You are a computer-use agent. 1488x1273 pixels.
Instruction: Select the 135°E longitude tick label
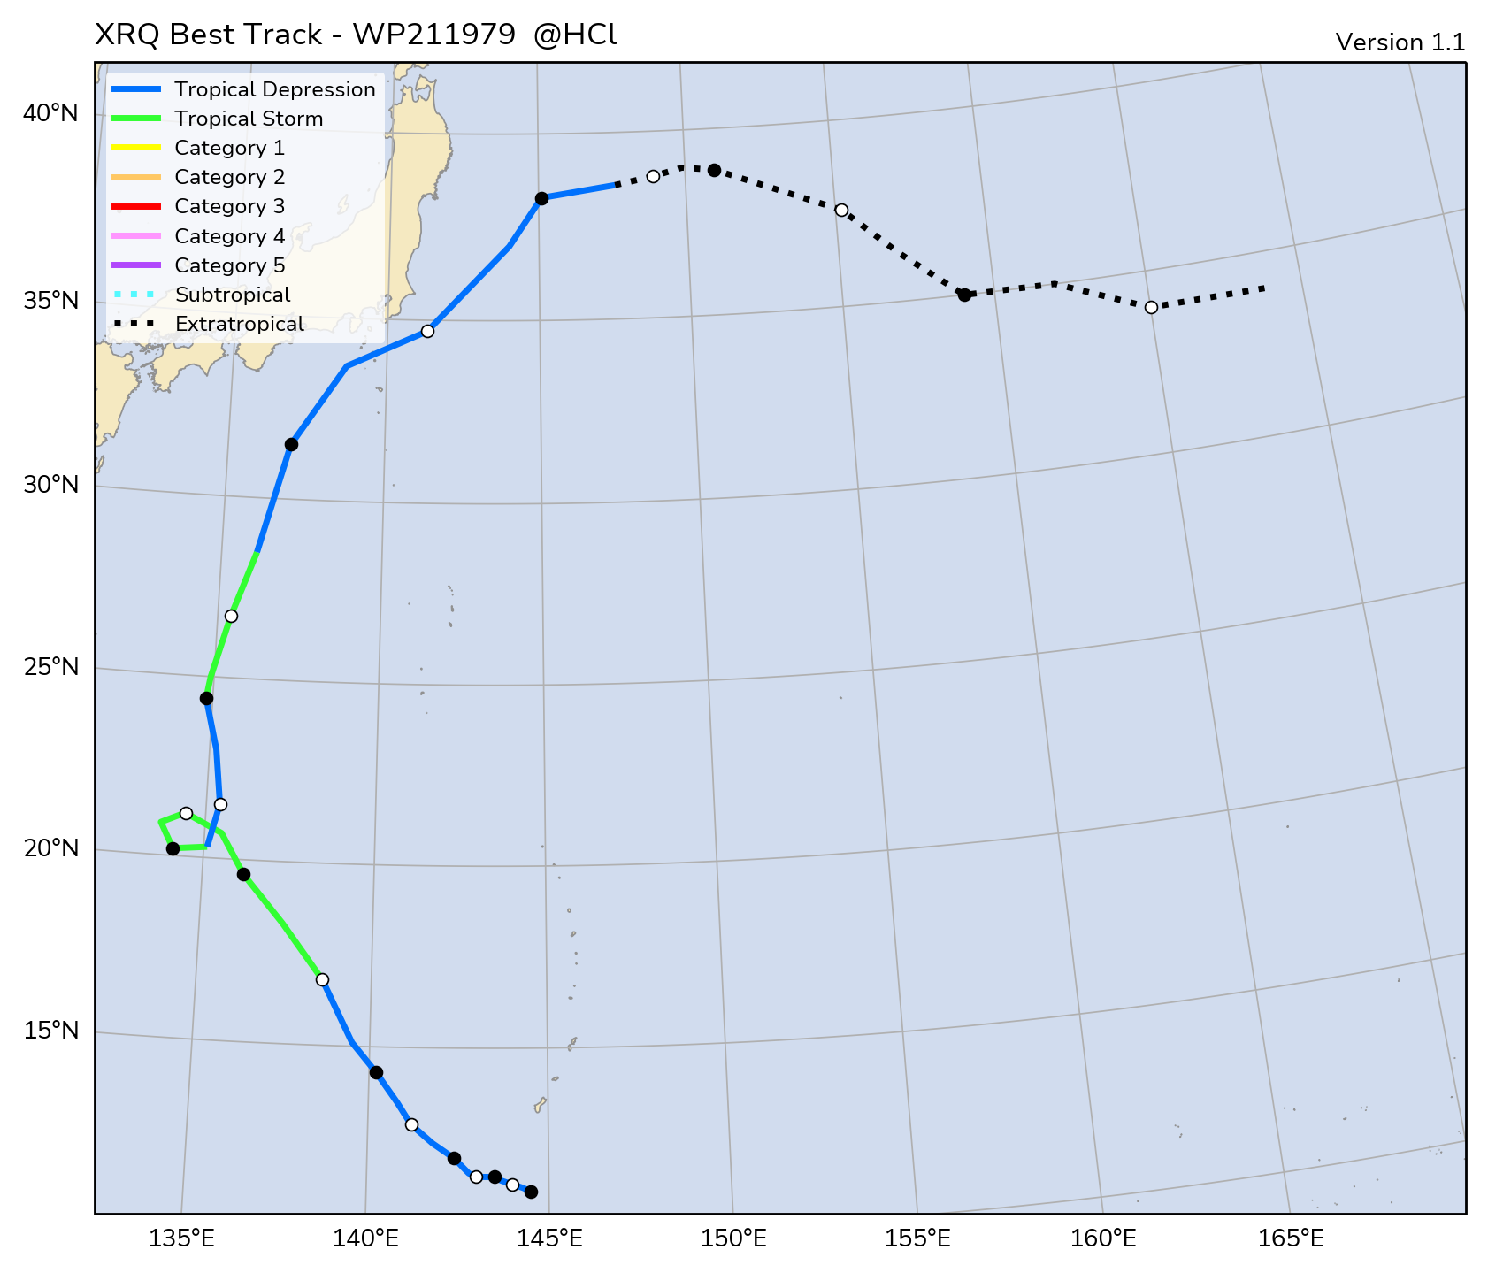[x=183, y=1238]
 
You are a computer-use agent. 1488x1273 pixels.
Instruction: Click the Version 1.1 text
[x=1400, y=42]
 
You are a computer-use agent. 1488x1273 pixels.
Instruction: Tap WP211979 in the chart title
[x=433, y=35]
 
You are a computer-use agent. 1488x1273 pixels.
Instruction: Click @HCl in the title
[x=575, y=35]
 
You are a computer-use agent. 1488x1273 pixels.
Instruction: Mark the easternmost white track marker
[x=1151, y=307]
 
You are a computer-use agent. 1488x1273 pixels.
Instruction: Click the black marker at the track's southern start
[x=531, y=1192]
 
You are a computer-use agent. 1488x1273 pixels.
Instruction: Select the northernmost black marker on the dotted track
[x=714, y=170]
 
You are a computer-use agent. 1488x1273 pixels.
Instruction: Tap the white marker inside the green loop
[x=186, y=813]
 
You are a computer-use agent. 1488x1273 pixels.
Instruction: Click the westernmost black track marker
[x=173, y=848]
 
